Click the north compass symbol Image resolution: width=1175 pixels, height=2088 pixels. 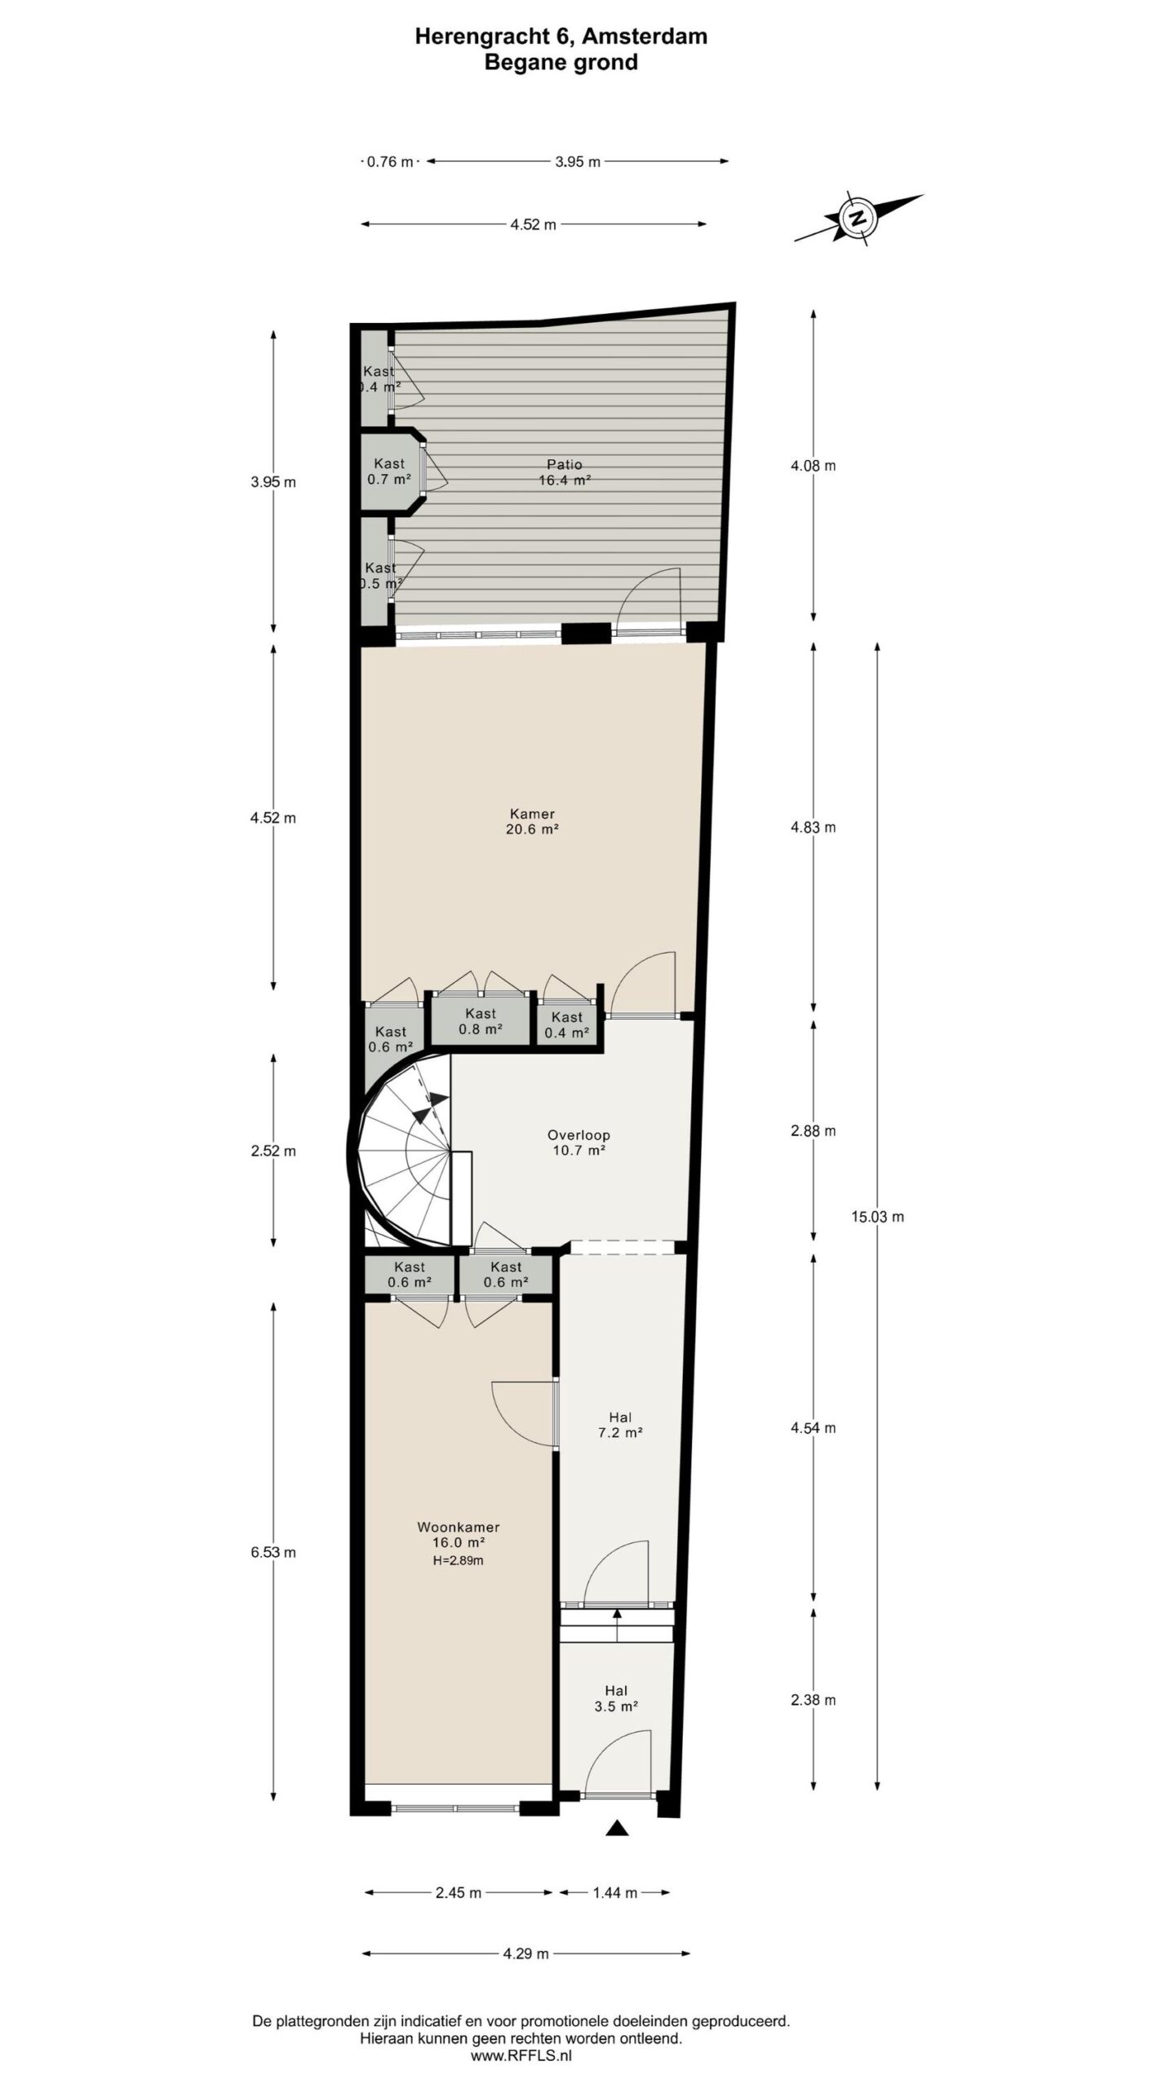pos(857,218)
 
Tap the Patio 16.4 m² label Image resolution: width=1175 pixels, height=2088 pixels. pos(565,473)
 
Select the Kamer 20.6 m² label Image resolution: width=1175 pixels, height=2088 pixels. pos(532,821)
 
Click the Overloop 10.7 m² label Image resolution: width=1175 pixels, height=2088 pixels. pos(578,1143)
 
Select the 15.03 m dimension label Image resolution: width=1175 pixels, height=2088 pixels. pos(878,1217)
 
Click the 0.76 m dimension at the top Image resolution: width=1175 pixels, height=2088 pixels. pos(390,161)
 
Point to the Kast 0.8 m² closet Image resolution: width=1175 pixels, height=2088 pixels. pos(480,1021)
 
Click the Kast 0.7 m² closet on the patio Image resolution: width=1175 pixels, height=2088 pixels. pos(389,471)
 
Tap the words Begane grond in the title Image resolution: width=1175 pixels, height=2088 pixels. pos(561,63)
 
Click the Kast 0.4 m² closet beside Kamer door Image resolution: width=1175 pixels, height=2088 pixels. pos(566,1024)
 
